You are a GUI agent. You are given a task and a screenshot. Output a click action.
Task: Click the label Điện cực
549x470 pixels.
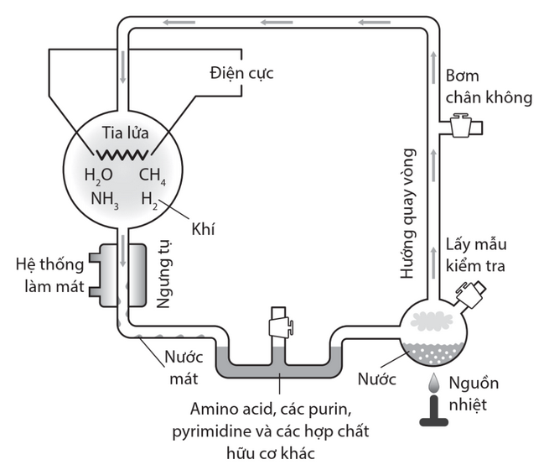(241, 74)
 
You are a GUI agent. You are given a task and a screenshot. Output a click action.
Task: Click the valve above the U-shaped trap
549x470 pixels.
(279, 323)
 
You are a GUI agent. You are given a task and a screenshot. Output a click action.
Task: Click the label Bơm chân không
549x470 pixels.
(489, 86)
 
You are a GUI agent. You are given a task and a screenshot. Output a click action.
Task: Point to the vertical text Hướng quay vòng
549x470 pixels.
(408, 213)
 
